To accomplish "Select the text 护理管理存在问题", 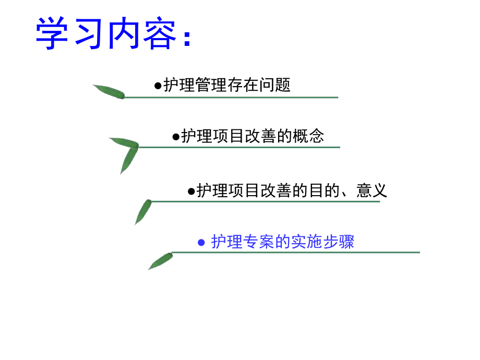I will click(227, 85).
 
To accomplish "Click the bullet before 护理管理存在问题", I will click(158, 86).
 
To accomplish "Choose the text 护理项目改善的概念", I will click(253, 136).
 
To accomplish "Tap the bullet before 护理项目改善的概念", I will click(176, 137).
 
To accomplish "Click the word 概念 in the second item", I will click(309, 136).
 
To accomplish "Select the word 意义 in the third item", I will click(372, 190).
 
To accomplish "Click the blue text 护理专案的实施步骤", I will click(282, 242).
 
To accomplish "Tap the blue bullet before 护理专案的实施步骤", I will click(202, 243).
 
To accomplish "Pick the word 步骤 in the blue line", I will click(339, 242).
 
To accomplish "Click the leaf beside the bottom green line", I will click(160, 260).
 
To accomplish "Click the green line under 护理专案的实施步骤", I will click(295, 253).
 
